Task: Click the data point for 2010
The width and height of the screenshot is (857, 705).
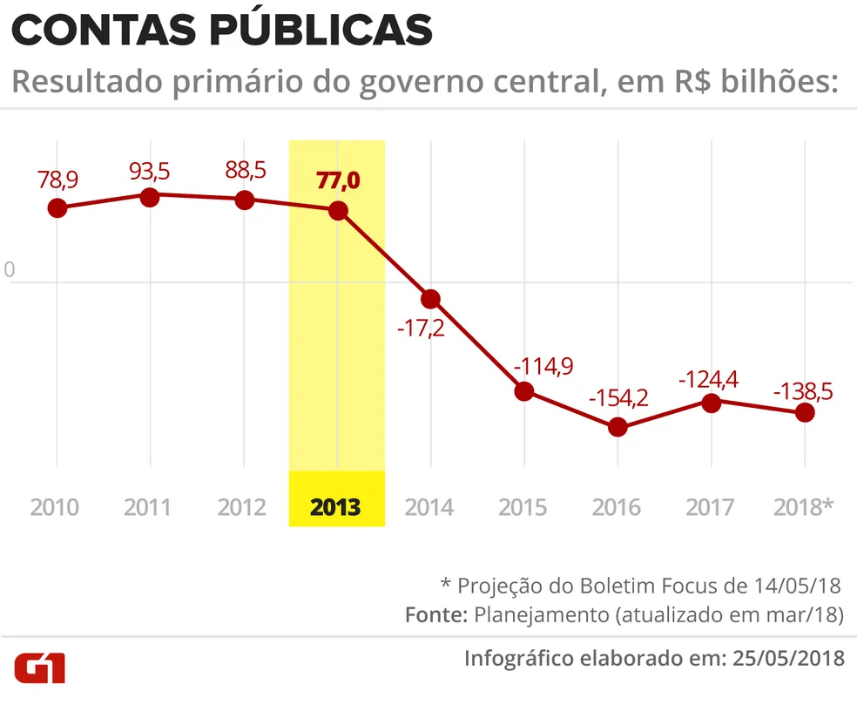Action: click(x=57, y=207)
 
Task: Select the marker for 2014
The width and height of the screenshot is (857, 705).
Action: click(x=430, y=299)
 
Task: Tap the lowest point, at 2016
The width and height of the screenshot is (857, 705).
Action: click(x=617, y=427)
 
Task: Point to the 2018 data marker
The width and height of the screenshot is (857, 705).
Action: click(x=805, y=412)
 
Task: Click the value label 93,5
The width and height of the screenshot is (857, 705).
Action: click(x=150, y=171)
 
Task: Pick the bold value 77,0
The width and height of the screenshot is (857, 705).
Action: click(x=337, y=182)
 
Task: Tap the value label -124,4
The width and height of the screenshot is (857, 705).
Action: click(x=711, y=379)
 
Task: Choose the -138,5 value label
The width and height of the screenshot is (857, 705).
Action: click(x=803, y=391)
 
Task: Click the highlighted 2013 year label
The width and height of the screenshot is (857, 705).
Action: click(x=336, y=507)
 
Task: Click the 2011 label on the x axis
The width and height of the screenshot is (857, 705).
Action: click(x=148, y=507)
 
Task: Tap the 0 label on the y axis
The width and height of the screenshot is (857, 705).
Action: click(x=10, y=271)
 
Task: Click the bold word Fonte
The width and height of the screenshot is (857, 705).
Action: click(x=435, y=614)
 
